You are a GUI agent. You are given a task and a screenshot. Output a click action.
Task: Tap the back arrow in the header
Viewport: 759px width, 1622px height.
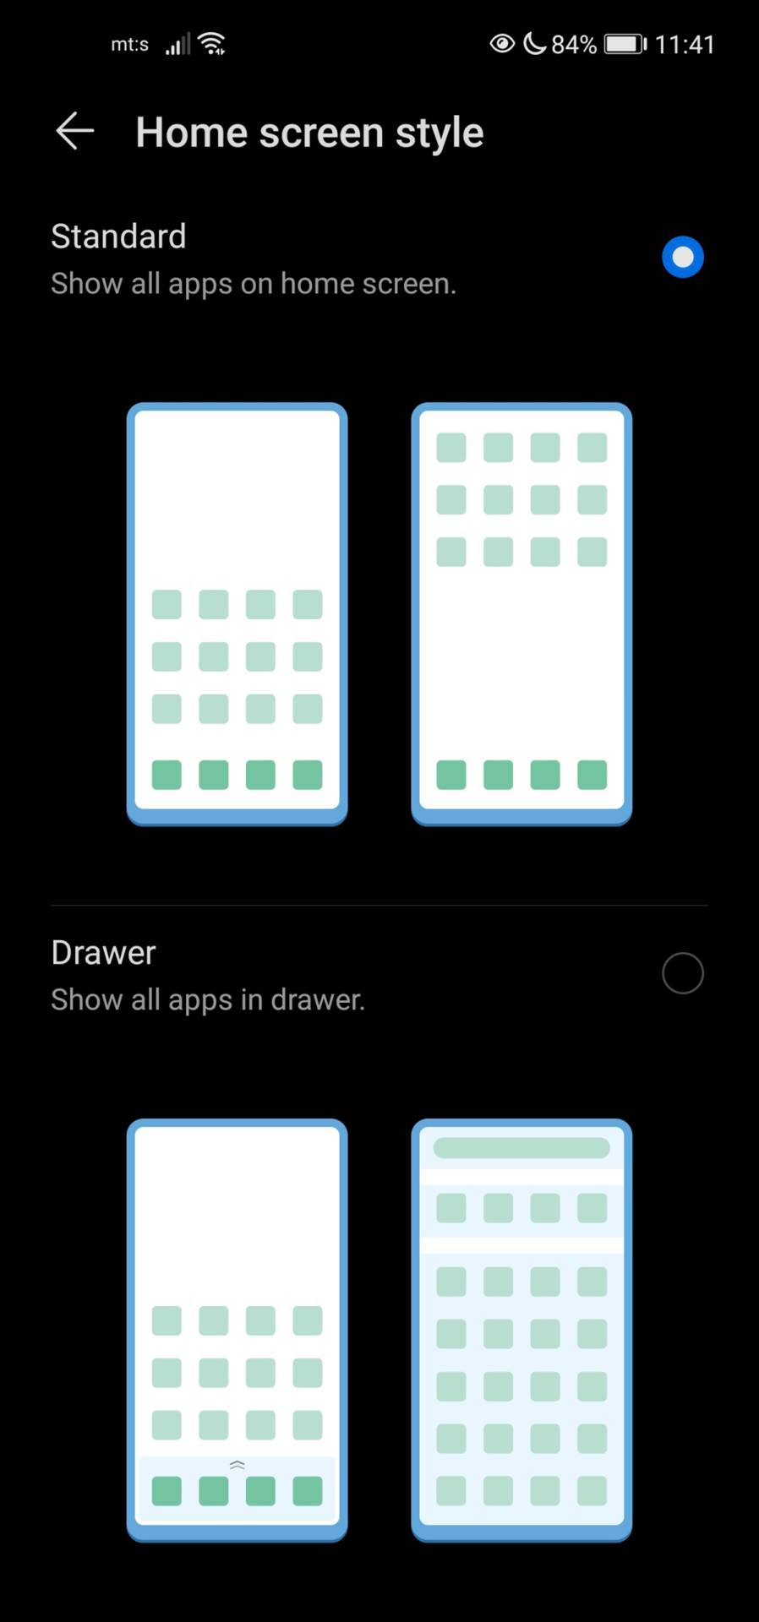(x=74, y=132)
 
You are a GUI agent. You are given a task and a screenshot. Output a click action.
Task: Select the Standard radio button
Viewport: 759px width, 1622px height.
(x=682, y=257)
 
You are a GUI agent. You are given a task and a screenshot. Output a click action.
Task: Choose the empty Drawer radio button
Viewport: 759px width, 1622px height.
(x=682, y=973)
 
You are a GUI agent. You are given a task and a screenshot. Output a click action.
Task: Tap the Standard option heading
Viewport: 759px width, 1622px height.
(x=118, y=237)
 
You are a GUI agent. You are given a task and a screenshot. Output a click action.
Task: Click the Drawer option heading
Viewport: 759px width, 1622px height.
(x=103, y=953)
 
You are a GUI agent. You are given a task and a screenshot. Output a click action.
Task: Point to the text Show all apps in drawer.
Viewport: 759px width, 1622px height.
(x=208, y=1000)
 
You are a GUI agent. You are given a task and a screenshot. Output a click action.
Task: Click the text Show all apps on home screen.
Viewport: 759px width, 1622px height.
(x=254, y=284)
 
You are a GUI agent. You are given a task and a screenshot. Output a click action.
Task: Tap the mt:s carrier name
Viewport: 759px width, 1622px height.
(x=129, y=45)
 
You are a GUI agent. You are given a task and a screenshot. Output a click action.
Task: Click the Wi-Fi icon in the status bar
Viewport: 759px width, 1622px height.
(x=211, y=44)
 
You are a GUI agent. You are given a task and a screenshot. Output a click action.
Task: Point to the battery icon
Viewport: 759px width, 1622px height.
(x=625, y=44)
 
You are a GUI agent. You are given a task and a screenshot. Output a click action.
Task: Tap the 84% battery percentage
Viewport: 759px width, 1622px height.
(x=574, y=45)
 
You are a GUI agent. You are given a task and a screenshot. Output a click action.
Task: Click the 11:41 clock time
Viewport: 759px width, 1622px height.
(x=685, y=45)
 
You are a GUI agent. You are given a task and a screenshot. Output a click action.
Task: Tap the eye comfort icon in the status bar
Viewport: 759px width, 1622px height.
(x=502, y=44)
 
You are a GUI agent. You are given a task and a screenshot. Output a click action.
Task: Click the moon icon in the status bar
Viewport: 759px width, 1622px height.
(x=534, y=43)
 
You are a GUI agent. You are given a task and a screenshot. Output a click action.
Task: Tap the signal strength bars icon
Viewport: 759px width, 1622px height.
(x=177, y=45)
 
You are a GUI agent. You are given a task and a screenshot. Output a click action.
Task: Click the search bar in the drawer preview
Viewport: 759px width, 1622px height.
(x=521, y=1147)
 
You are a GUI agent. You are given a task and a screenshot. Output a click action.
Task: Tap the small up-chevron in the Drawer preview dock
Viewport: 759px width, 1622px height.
(x=238, y=1465)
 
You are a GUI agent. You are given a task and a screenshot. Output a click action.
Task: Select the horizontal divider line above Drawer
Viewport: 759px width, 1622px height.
(x=379, y=906)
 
